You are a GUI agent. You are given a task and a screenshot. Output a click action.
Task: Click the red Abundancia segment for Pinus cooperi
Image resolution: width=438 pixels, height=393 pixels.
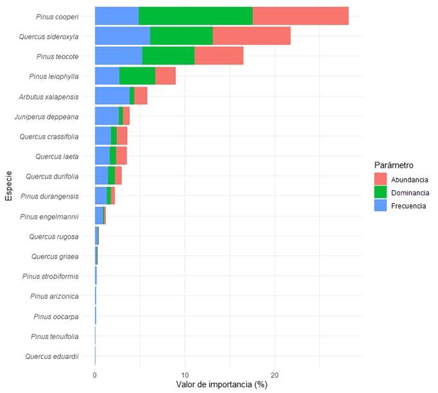300,16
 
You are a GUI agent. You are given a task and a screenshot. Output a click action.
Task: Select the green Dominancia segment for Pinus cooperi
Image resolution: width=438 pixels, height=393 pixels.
196,16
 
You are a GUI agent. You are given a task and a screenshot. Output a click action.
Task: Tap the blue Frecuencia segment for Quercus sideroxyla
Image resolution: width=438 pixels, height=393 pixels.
122,36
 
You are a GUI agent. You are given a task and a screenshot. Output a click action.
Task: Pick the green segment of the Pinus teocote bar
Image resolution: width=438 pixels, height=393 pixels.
168,56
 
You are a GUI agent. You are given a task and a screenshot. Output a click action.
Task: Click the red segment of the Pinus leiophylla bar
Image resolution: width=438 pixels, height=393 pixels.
165,76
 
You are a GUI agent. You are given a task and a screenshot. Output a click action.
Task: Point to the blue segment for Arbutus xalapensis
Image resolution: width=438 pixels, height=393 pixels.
112,96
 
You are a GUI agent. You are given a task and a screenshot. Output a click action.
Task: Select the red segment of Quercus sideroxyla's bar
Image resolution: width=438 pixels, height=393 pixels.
251,36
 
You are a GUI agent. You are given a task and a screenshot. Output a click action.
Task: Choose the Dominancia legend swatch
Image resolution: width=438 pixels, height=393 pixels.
381,192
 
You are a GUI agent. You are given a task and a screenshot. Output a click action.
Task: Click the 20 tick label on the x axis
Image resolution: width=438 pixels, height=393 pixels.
275,374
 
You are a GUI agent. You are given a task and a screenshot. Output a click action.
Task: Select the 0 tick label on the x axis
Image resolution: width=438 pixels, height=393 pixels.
95,374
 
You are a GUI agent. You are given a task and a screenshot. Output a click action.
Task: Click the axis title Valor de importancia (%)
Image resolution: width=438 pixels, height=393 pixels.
221,385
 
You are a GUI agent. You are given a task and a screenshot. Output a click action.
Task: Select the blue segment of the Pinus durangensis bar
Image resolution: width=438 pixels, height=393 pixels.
100,196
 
